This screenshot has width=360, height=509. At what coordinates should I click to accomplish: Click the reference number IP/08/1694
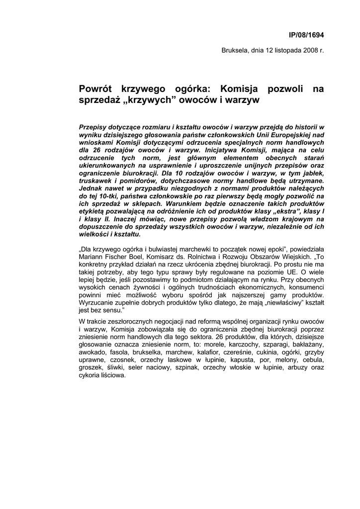coord(306,35)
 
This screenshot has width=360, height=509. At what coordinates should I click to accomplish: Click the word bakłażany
coord(307,344)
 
